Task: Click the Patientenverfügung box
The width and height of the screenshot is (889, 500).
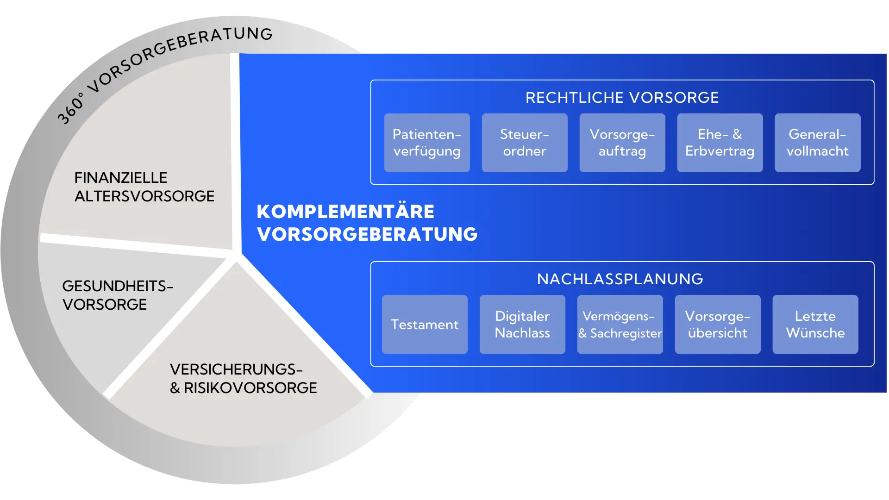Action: tap(427, 143)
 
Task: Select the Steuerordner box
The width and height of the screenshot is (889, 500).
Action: tap(525, 143)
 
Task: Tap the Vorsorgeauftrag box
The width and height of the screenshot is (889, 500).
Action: tap(622, 143)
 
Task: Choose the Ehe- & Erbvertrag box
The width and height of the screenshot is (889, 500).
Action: tap(720, 143)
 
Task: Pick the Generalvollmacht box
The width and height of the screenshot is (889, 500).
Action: tap(818, 143)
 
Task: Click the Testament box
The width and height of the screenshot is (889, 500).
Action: tap(425, 324)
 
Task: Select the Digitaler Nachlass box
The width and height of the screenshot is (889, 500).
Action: tap(522, 324)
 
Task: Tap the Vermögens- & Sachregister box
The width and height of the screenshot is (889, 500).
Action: tap(620, 324)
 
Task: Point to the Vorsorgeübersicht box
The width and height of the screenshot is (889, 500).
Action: tap(718, 324)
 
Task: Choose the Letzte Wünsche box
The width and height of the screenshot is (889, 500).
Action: tap(815, 324)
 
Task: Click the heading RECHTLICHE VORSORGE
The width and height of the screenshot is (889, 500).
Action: tap(622, 98)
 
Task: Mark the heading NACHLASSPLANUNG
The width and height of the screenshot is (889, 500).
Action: tap(620, 279)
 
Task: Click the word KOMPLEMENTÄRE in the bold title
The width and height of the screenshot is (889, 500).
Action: tap(345, 212)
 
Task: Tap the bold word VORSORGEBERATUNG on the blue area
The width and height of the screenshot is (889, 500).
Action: tap(367, 234)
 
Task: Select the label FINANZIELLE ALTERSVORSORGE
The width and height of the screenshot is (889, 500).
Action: tap(144, 187)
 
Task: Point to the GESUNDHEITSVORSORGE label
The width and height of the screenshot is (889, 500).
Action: tap(118, 295)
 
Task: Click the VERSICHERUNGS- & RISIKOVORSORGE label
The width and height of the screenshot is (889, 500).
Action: tap(243, 378)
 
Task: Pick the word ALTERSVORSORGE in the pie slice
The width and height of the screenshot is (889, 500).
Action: tap(144, 196)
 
